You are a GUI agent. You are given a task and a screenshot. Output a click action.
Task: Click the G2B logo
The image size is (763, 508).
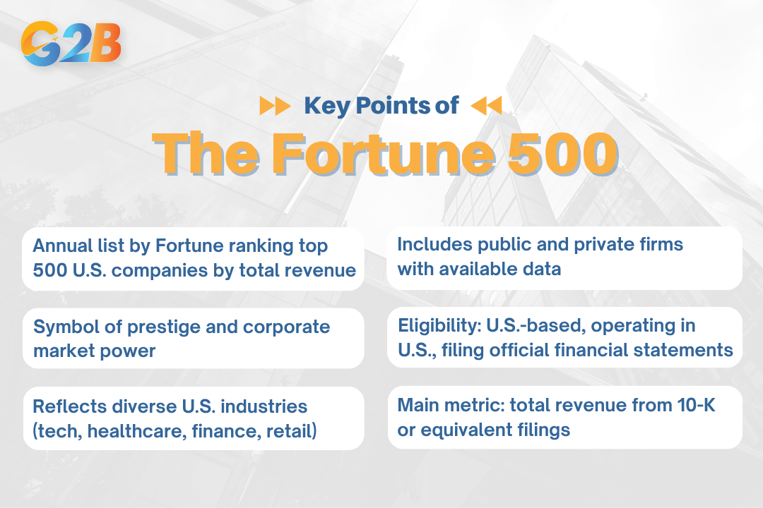[71, 44]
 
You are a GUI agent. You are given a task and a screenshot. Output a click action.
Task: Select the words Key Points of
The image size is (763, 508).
[381, 106]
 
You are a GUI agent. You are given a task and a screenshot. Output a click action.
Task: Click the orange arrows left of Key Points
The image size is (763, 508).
[274, 107]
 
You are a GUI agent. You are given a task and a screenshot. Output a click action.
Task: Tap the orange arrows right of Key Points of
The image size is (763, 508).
[486, 107]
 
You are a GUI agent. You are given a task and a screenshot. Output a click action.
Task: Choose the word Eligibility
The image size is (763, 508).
[436, 325]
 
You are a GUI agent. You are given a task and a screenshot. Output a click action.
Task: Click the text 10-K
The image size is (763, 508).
[695, 405]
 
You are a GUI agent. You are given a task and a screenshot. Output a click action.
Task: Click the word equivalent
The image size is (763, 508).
[468, 429]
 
